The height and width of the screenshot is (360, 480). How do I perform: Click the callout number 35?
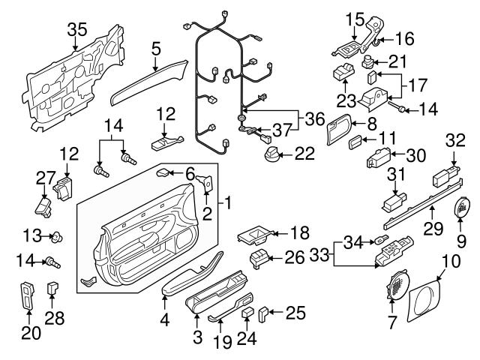click(x=76, y=30)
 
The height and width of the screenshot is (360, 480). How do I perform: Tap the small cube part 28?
click(x=53, y=286)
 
